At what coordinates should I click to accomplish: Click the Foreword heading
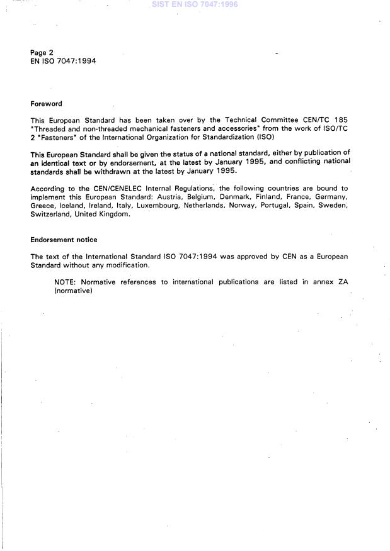tap(46, 104)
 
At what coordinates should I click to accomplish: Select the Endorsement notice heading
tap(63, 240)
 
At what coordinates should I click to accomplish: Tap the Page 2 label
tap(42, 52)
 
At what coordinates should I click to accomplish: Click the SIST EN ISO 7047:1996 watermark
tap(194, 5)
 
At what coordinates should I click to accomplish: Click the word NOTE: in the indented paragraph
tap(66, 282)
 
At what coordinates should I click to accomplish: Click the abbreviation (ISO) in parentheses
tap(264, 137)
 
